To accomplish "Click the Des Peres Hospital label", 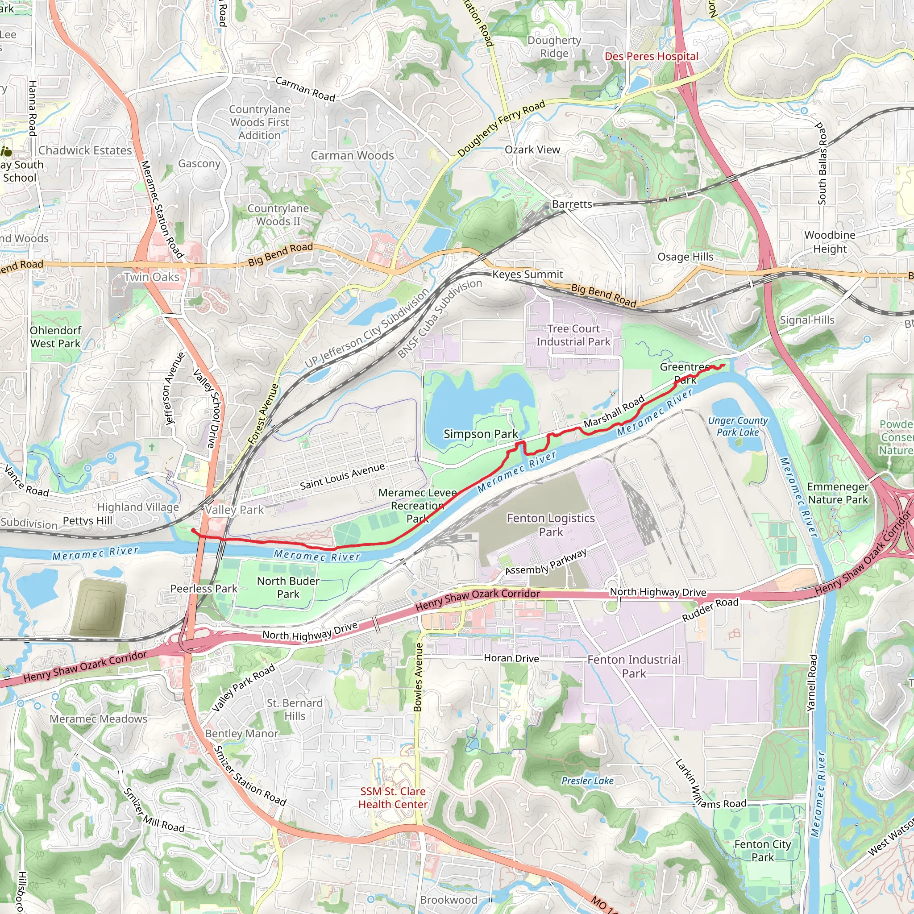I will coord(651,56).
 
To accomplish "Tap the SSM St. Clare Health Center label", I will coord(393,798).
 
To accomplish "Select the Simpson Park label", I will coord(481,434).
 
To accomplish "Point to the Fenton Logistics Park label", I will coord(551,525).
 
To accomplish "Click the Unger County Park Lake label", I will coord(738,426).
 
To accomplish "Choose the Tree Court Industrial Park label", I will coord(573,335).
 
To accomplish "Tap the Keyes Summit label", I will coord(528,274).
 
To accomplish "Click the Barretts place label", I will coord(572,204).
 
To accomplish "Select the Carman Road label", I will coord(305,89).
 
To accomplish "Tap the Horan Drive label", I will coord(511,658).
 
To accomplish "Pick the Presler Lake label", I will coord(587,781).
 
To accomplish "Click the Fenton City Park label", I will coord(762,851).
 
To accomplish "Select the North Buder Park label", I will coord(288,587).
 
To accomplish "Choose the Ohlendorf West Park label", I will coord(55,337).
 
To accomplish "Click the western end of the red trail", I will coord(192,530).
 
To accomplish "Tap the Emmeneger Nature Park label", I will coord(838,493).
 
